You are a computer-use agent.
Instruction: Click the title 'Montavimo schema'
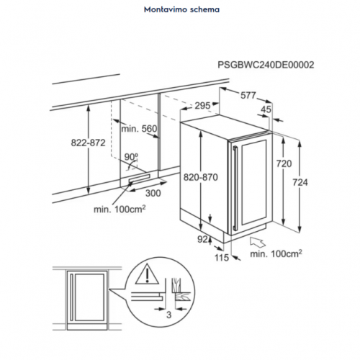pos(181,11)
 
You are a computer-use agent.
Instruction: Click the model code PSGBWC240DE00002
pos(266,64)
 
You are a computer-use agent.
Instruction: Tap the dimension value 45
pos(266,110)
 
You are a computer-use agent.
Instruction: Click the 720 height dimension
pos(284,164)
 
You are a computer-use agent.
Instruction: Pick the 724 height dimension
pos(300,183)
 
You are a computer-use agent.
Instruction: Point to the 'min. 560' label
pos(138,129)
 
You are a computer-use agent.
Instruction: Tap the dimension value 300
pos(152,194)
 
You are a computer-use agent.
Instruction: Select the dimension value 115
pos(220,257)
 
